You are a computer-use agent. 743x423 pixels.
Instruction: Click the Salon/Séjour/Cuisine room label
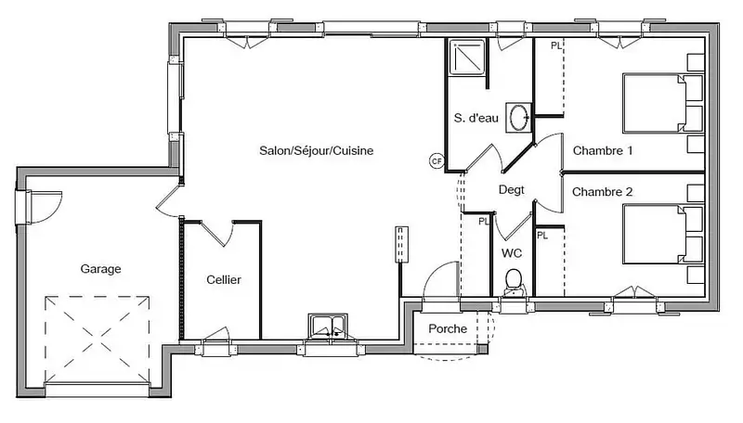(x=316, y=151)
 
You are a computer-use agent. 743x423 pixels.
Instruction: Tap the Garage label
(x=100, y=269)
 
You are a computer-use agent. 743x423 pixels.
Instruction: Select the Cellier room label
(x=224, y=279)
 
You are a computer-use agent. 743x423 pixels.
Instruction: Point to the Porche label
(x=448, y=328)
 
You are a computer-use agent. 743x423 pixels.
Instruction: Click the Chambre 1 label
(x=602, y=150)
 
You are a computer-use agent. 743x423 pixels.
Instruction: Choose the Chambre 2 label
(x=602, y=192)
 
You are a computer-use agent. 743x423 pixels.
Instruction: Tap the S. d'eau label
(x=476, y=118)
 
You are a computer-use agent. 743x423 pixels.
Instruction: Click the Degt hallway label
(x=512, y=190)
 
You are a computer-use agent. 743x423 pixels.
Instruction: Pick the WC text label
(x=512, y=253)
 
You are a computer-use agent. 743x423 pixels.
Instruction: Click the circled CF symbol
(x=437, y=161)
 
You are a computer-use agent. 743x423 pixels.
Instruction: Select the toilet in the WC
(x=513, y=283)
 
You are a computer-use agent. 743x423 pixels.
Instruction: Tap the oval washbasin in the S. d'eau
(x=518, y=117)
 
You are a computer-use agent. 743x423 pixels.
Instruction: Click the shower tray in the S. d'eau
(x=468, y=58)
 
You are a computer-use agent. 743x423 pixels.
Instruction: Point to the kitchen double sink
(x=328, y=327)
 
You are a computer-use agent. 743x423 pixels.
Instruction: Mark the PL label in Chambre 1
(x=555, y=45)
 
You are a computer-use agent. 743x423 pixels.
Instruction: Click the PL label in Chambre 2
(x=542, y=236)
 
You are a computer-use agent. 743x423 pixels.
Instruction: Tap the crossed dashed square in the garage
(x=98, y=340)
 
